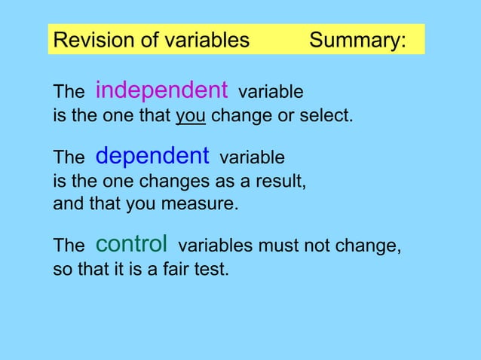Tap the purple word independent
tap(161, 90)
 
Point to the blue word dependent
tap(152, 156)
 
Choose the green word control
tap(131, 244)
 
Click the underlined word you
tap(191, 117)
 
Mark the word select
tap(329, 117)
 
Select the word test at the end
tap(210, 269)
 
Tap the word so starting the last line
tap(61, 269)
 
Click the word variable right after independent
tap(271, 93)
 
